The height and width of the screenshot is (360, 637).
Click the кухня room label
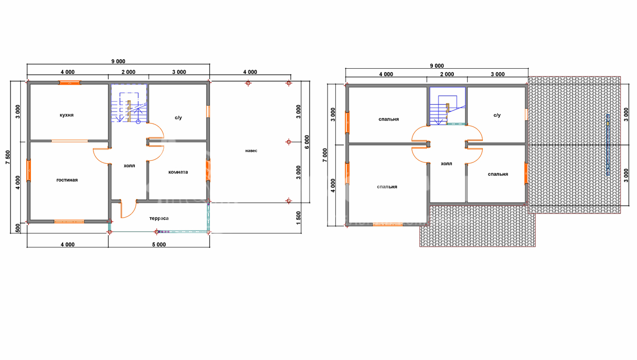pyautogui.click(x=67, y=115)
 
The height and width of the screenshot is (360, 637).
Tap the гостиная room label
pyautogui.click(x=67, y=180)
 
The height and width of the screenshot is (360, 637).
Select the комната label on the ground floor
pyautogui.click(x=178, y=172)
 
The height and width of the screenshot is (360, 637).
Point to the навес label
pyautogui.click(x=251, y=150)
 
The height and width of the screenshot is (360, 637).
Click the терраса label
pyautogui.click(x=159, y=218)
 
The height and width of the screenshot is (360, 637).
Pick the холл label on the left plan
pyautogui.click(x=129, y=166)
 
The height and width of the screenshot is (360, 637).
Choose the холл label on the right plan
pyautogui.click(x=446, y=164)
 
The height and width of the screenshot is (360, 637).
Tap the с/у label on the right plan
pyautogui.click(x=497, y=115)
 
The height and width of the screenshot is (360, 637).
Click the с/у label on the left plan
pyautogui.click(x=178, y=118)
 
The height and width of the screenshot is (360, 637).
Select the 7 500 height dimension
pyautogui.click(x=7, y=157)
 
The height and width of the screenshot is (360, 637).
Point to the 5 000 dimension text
pyautogui.click(x=159, y=244)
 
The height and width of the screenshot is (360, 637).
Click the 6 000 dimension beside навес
pyautogui.click(x=307, y=142)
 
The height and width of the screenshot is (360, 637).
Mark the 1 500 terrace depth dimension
pyautogui.click(x=298, y=218)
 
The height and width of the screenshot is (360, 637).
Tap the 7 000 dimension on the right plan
pyautogui.click(x=325, y=155)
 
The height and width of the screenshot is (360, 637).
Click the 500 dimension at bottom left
pyautogui.click(x=17, y=228)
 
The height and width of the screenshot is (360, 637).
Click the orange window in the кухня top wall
pyautogui.click(x=70, y=83)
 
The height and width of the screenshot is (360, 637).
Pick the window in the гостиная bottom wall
pyautogui.click(x=69, y=222)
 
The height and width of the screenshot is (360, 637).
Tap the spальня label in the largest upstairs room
pyautogui.click(x=387, y=187)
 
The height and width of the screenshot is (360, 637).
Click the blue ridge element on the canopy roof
pyautogui.click(x=608, y=144)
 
